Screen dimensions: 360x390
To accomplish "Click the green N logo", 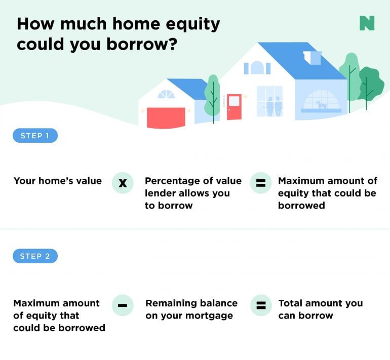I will (367, 23).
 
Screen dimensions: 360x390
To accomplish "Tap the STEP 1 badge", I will (35, 136).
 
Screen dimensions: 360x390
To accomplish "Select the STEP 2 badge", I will (35, 256).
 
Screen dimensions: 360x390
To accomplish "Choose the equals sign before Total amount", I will (261, 305).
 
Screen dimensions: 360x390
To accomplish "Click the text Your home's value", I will (57, 181).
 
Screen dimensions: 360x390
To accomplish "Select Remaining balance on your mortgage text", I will (191, 309).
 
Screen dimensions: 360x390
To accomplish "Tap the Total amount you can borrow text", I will (320, 309).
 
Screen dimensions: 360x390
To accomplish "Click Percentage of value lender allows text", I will (193, 193).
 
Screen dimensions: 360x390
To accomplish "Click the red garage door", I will (166, 117).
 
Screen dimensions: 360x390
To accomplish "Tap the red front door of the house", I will (234, 107).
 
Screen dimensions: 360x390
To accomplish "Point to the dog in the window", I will (321, 105).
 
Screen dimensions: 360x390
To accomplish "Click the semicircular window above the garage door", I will (166, 95).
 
